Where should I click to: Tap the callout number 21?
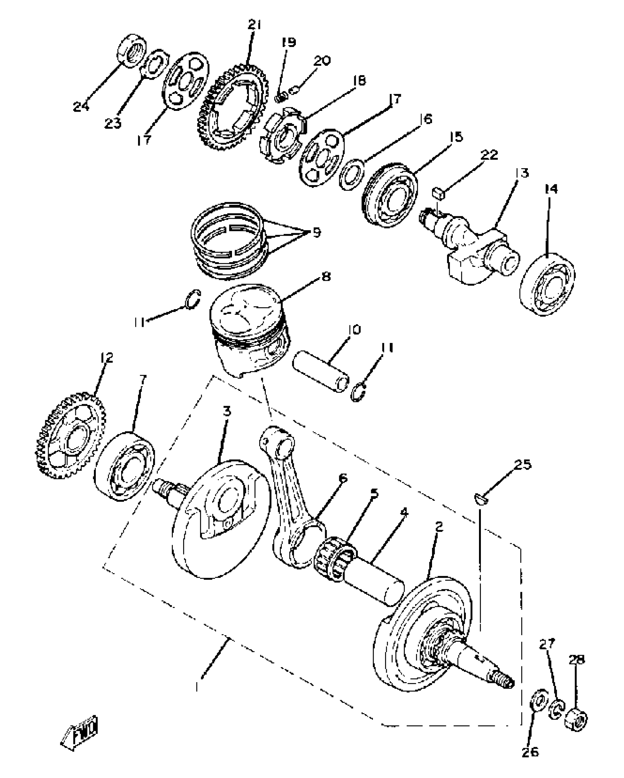(254, 25)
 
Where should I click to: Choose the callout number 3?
(227, 412)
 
